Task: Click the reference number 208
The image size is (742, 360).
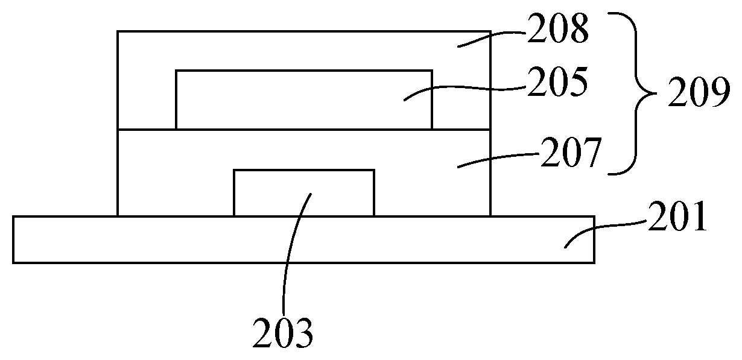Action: coord(557,31)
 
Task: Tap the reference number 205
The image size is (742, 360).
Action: coord(557,84)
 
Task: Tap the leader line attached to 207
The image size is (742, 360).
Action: coord(495,158)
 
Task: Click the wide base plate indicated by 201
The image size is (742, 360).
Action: coord(181,239)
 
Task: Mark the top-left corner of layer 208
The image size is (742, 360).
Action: coord(118,31)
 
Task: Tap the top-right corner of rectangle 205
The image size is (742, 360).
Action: coord(432,71)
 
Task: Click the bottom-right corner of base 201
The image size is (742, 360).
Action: coord(595,262)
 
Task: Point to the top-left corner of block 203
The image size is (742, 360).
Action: coord(234,170)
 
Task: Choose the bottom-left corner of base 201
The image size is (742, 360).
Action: coord(13,262)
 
